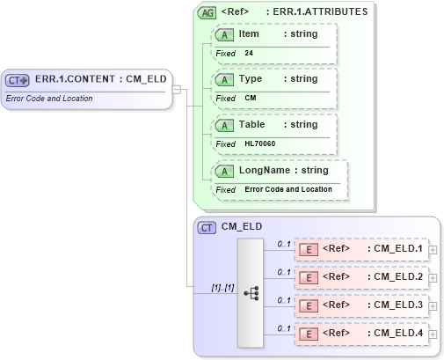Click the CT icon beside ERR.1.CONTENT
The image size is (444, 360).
(x=18, y=80)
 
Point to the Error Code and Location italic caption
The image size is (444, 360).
(x=49, y=98)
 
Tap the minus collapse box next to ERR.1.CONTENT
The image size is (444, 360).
(x=177, y=89)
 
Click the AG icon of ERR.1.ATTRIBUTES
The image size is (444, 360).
(x=207, y=12)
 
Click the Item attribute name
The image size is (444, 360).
(x=249, y=33)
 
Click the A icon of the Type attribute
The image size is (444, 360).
(x=225, y=79)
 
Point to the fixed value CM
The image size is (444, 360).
(x=251, y=98)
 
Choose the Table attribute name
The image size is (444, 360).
(x=252, y=124)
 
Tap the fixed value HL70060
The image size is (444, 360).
(x=259, y=143)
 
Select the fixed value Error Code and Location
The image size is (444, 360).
(x=288, y=189)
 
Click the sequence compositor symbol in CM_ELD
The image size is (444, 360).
(x=250, y=291)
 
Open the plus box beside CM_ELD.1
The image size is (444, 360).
(x=432, y=250)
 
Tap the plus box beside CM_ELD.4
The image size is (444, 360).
(x=432, y=334)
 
